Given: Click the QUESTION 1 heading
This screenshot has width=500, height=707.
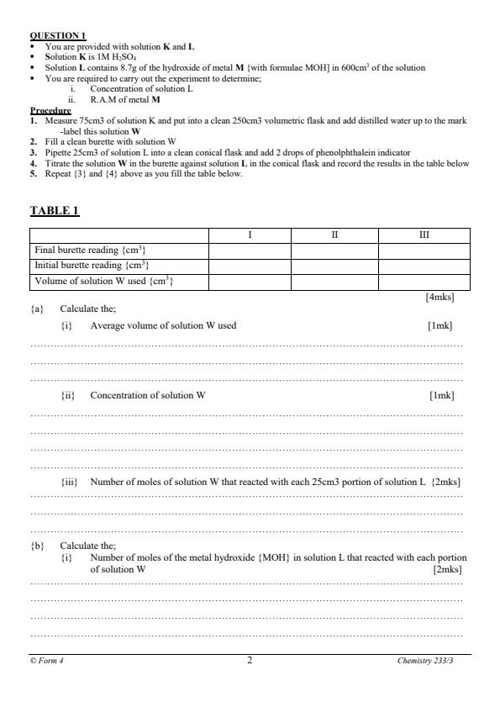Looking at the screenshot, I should (x=57, y=35).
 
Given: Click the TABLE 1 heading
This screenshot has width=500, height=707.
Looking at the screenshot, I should (x=55, y=210).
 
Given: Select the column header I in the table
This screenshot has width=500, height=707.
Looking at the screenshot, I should (x=250, y=235).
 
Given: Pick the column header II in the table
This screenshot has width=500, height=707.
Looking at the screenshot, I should (x=334, y=235).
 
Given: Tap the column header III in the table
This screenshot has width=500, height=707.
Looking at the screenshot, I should (x=424, y=235).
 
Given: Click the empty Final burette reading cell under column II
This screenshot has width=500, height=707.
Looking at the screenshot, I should (x=334, y=250).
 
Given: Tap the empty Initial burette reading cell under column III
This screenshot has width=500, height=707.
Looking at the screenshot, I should (x=424, y=265).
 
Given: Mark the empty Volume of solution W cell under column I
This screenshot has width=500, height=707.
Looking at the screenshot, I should (x=250, y=280).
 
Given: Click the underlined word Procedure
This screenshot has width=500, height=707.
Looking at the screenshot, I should (x=50, y=110).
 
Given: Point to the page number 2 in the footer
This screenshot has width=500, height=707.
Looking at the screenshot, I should (x=250, y=660).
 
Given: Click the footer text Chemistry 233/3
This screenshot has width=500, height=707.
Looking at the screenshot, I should (x=430, y=661).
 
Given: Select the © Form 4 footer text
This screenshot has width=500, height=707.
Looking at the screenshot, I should (x=47, y=661).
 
